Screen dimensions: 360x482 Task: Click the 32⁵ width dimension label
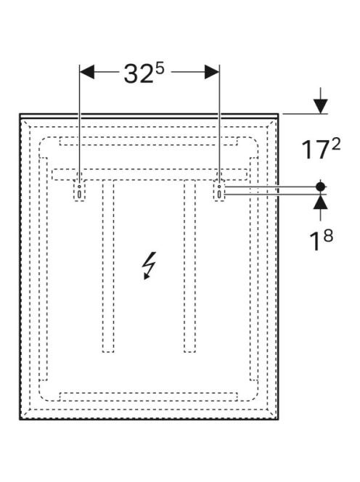(x=144, y=73)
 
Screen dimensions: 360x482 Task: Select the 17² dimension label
(x=321, y=149)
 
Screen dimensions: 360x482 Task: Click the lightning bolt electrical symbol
(x=149, y=266)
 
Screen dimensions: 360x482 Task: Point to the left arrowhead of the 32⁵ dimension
(x=87, y=73)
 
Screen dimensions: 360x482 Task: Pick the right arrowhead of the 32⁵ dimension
(x=212, y=73)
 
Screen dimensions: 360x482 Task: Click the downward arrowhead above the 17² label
(x=320, y=107)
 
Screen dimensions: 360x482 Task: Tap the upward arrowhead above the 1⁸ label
(x=320, y=202)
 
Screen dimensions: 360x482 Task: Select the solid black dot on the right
(x=320, y=187)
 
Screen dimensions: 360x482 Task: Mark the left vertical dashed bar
(x=108, y=266)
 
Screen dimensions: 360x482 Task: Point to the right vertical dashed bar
(x=189, y=266)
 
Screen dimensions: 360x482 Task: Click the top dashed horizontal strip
(x=149, y=141)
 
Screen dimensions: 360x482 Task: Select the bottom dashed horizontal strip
(x=149, y=396)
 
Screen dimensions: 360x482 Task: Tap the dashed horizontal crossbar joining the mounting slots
(x=150, y=175)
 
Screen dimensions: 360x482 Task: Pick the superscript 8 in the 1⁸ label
(x=328, y=236)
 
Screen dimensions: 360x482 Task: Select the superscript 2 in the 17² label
(x=336, y=144)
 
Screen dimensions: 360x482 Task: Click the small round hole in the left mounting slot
(x=79, y=187)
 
